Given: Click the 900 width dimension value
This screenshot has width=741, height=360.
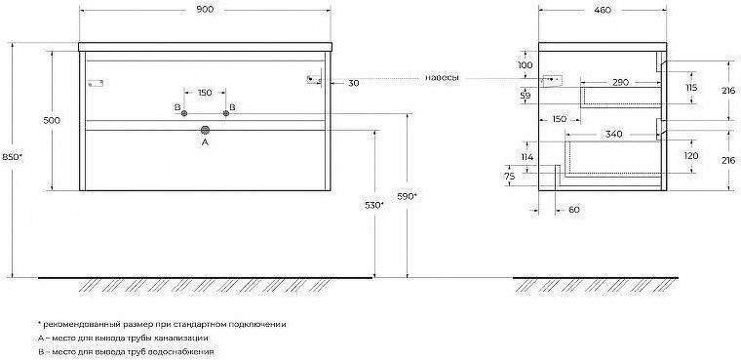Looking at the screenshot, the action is click(x=205, y=11).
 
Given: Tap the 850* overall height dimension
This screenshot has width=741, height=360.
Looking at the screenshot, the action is click(x=13, y=158).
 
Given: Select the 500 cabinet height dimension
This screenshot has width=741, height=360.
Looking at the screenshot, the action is click(x=52, y=120).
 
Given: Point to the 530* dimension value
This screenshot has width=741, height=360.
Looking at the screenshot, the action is click(x=374, y=205).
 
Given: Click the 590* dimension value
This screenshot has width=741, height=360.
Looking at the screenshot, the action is click(x=407, y=196).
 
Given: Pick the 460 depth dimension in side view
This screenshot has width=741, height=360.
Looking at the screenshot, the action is click(x=603, y=11).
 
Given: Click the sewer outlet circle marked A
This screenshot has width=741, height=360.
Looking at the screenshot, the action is click(x=205, y=130).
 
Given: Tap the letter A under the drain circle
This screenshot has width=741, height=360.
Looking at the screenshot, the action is click(x=205, y=141).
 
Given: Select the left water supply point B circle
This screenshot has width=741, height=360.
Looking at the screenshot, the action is click(x=184, y=113).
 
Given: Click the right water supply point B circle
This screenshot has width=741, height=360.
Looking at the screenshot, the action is click(x=226, y=113).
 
